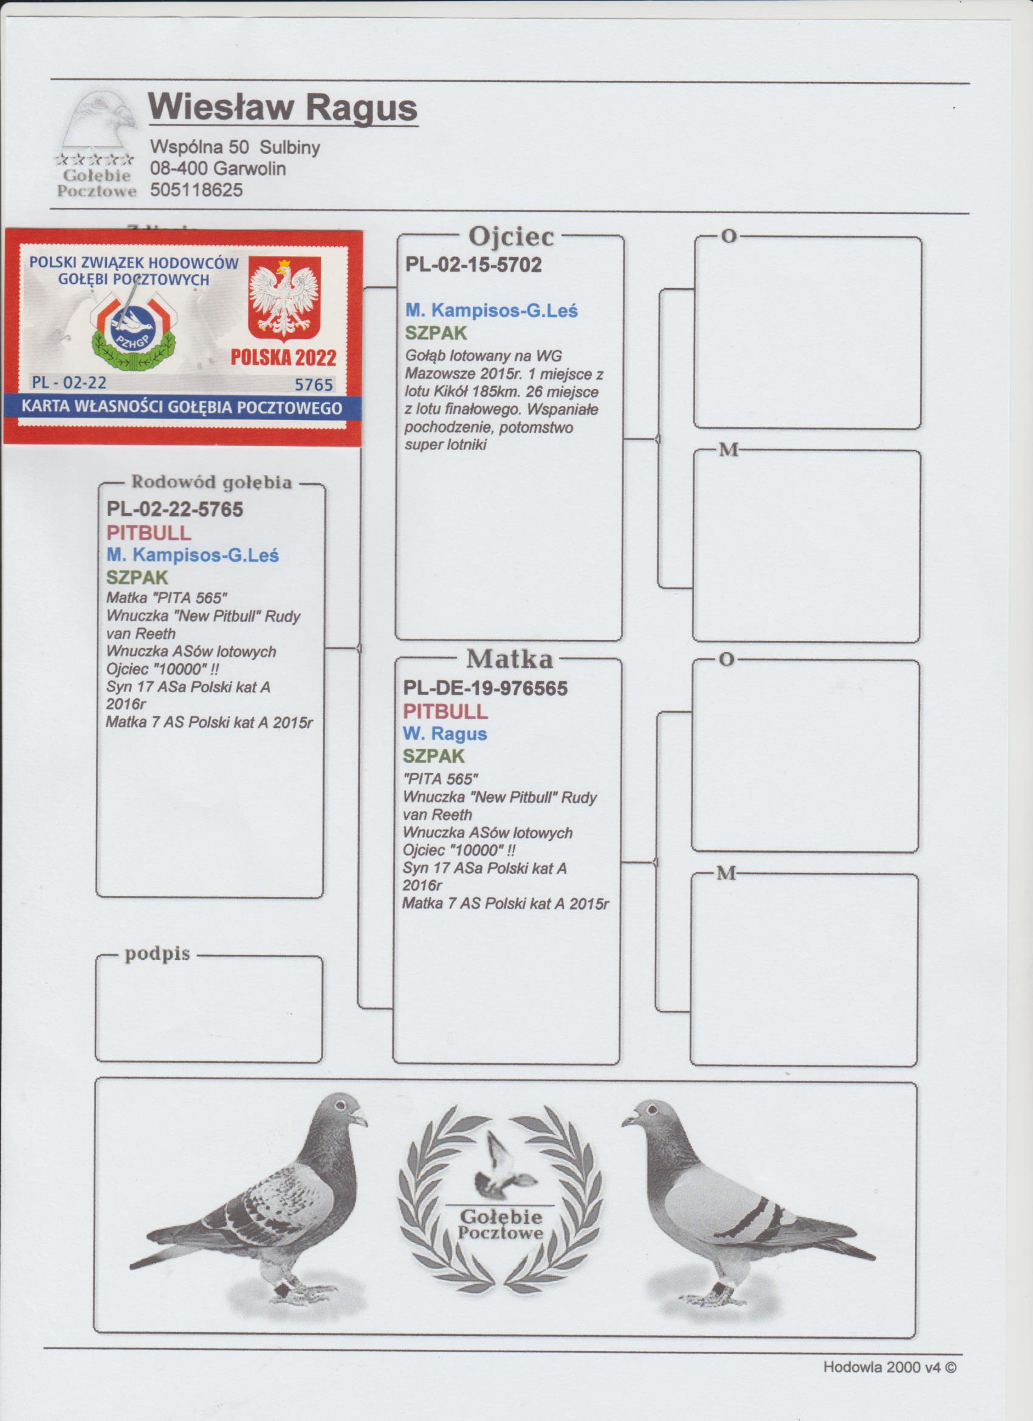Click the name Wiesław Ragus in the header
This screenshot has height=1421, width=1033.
click(x=283, y=107)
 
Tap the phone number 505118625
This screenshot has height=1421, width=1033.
click(x=196, y=190)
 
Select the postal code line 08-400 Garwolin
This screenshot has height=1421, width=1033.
click(x=218, y=168)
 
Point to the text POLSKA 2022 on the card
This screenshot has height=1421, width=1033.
click(x=283, y=357)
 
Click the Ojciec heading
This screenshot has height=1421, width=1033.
click(x=511, y=237)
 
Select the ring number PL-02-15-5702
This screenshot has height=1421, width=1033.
click(x=473, y=265)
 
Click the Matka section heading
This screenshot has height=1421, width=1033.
click(x=509, y=658)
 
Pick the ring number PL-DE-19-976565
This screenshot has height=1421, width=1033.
click(x=486, y=689)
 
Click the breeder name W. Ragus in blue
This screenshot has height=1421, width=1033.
click(x=445, y=733)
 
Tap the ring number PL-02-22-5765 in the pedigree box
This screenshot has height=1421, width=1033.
click(x=175, y=509)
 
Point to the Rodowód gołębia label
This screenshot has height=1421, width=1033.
click(x=211, y=483)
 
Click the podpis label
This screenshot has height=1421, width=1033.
click(x=157, y=954)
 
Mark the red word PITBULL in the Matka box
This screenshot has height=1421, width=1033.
click(x=445, y=711)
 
